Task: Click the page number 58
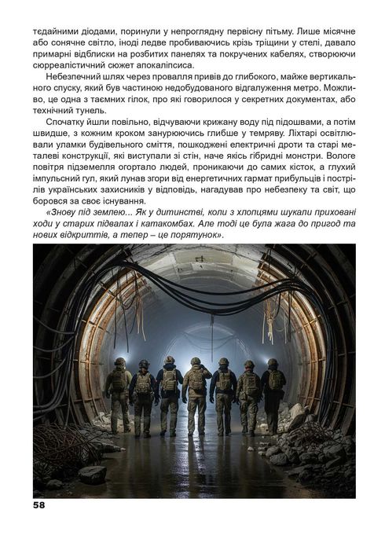point(40,506)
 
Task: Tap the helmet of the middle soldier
point(196,362)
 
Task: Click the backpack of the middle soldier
point(196,381)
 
